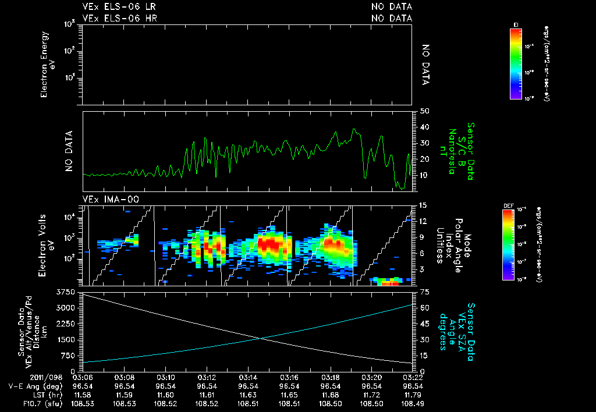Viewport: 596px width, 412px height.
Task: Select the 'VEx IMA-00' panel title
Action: (x=107, y=199)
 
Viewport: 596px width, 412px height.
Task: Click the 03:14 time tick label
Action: (x=249, y=377)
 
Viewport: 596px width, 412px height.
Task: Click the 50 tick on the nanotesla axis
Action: (x=424, y=111)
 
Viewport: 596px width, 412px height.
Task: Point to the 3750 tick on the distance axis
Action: (x=68, y=291)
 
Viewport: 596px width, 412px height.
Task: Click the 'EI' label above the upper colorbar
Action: (x=516, y=24)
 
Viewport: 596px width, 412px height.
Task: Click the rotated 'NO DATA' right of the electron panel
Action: (x=425, y=65)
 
